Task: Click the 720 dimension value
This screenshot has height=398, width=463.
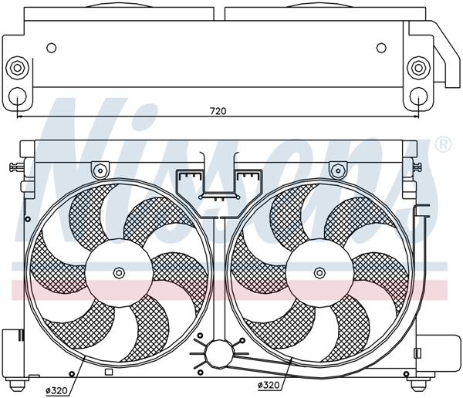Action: coord(218,111)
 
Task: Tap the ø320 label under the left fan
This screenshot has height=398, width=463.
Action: coord(56,390)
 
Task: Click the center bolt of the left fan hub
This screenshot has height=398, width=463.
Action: coord(118,272)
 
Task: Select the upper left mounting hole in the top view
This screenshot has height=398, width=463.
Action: coord(17,67)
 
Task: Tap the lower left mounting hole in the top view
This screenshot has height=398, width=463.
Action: coord(17,96)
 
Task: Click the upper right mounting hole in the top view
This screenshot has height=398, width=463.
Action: coord(418,67)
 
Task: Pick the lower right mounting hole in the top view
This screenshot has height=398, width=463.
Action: coord(418,96)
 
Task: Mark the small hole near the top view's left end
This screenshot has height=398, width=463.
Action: coord(52,48)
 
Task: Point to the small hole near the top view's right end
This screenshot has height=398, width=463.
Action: coord(381,48)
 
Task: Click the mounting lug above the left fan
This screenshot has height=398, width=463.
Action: coord(99,169)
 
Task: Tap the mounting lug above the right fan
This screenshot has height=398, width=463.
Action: coord(337,169)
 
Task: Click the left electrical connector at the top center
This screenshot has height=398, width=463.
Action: coord(188,182)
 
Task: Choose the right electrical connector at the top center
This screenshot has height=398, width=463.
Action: coord(247,182)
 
